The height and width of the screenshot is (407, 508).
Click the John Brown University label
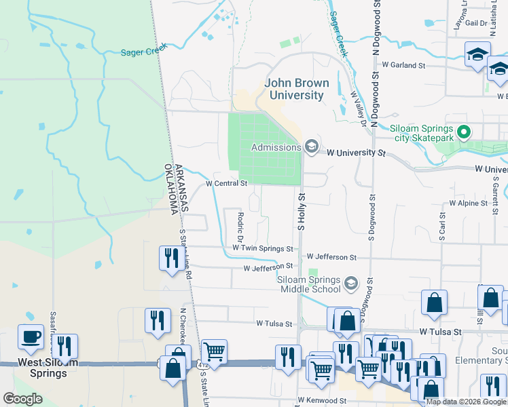297,89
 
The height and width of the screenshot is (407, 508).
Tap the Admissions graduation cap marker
311,147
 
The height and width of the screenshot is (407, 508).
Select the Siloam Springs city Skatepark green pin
465,130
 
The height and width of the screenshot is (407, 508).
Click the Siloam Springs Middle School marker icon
351,283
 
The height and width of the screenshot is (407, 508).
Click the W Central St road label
226,182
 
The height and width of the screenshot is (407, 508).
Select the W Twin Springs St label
263,249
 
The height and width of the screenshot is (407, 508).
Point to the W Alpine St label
468,203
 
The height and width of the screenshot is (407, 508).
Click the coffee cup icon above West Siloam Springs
31,337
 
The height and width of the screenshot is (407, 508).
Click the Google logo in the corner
22,399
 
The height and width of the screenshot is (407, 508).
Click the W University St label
351,153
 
